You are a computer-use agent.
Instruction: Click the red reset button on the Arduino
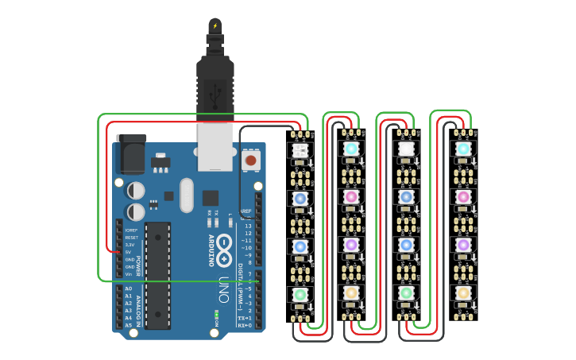pyautogui.click(x=250, y=161)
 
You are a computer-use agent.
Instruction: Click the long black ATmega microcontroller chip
pyautogui.click(x=157, y=275)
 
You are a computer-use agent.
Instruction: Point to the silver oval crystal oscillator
pyautogui.click(x=186, y=195)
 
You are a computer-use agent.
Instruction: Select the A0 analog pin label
pyautogui.click(x=129, y=289)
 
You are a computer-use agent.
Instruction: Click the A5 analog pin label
pyautogui.click(x=129, y=325)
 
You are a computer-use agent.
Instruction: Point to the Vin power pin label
pyautogui.click(x=130, y=274)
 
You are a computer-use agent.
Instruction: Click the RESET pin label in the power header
pyautogui.click(x=131, y=238)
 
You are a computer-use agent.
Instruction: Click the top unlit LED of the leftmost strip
pyautogui.click(x=300, y=149)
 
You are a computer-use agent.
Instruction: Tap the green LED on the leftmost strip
pyautogui.click(x=300, y=294)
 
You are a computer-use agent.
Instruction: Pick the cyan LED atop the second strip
pyautogui.click(x=351, y=149)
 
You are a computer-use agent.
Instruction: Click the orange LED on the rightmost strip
pyautogui.click(x=463, y=293)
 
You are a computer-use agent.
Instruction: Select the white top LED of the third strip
pyautogui.click(x=406, y=149)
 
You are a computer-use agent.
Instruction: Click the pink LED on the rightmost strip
pyautogui.click(x=463, y=196)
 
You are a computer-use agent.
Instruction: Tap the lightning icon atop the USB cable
pyautogui.click(x=215, y=25)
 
